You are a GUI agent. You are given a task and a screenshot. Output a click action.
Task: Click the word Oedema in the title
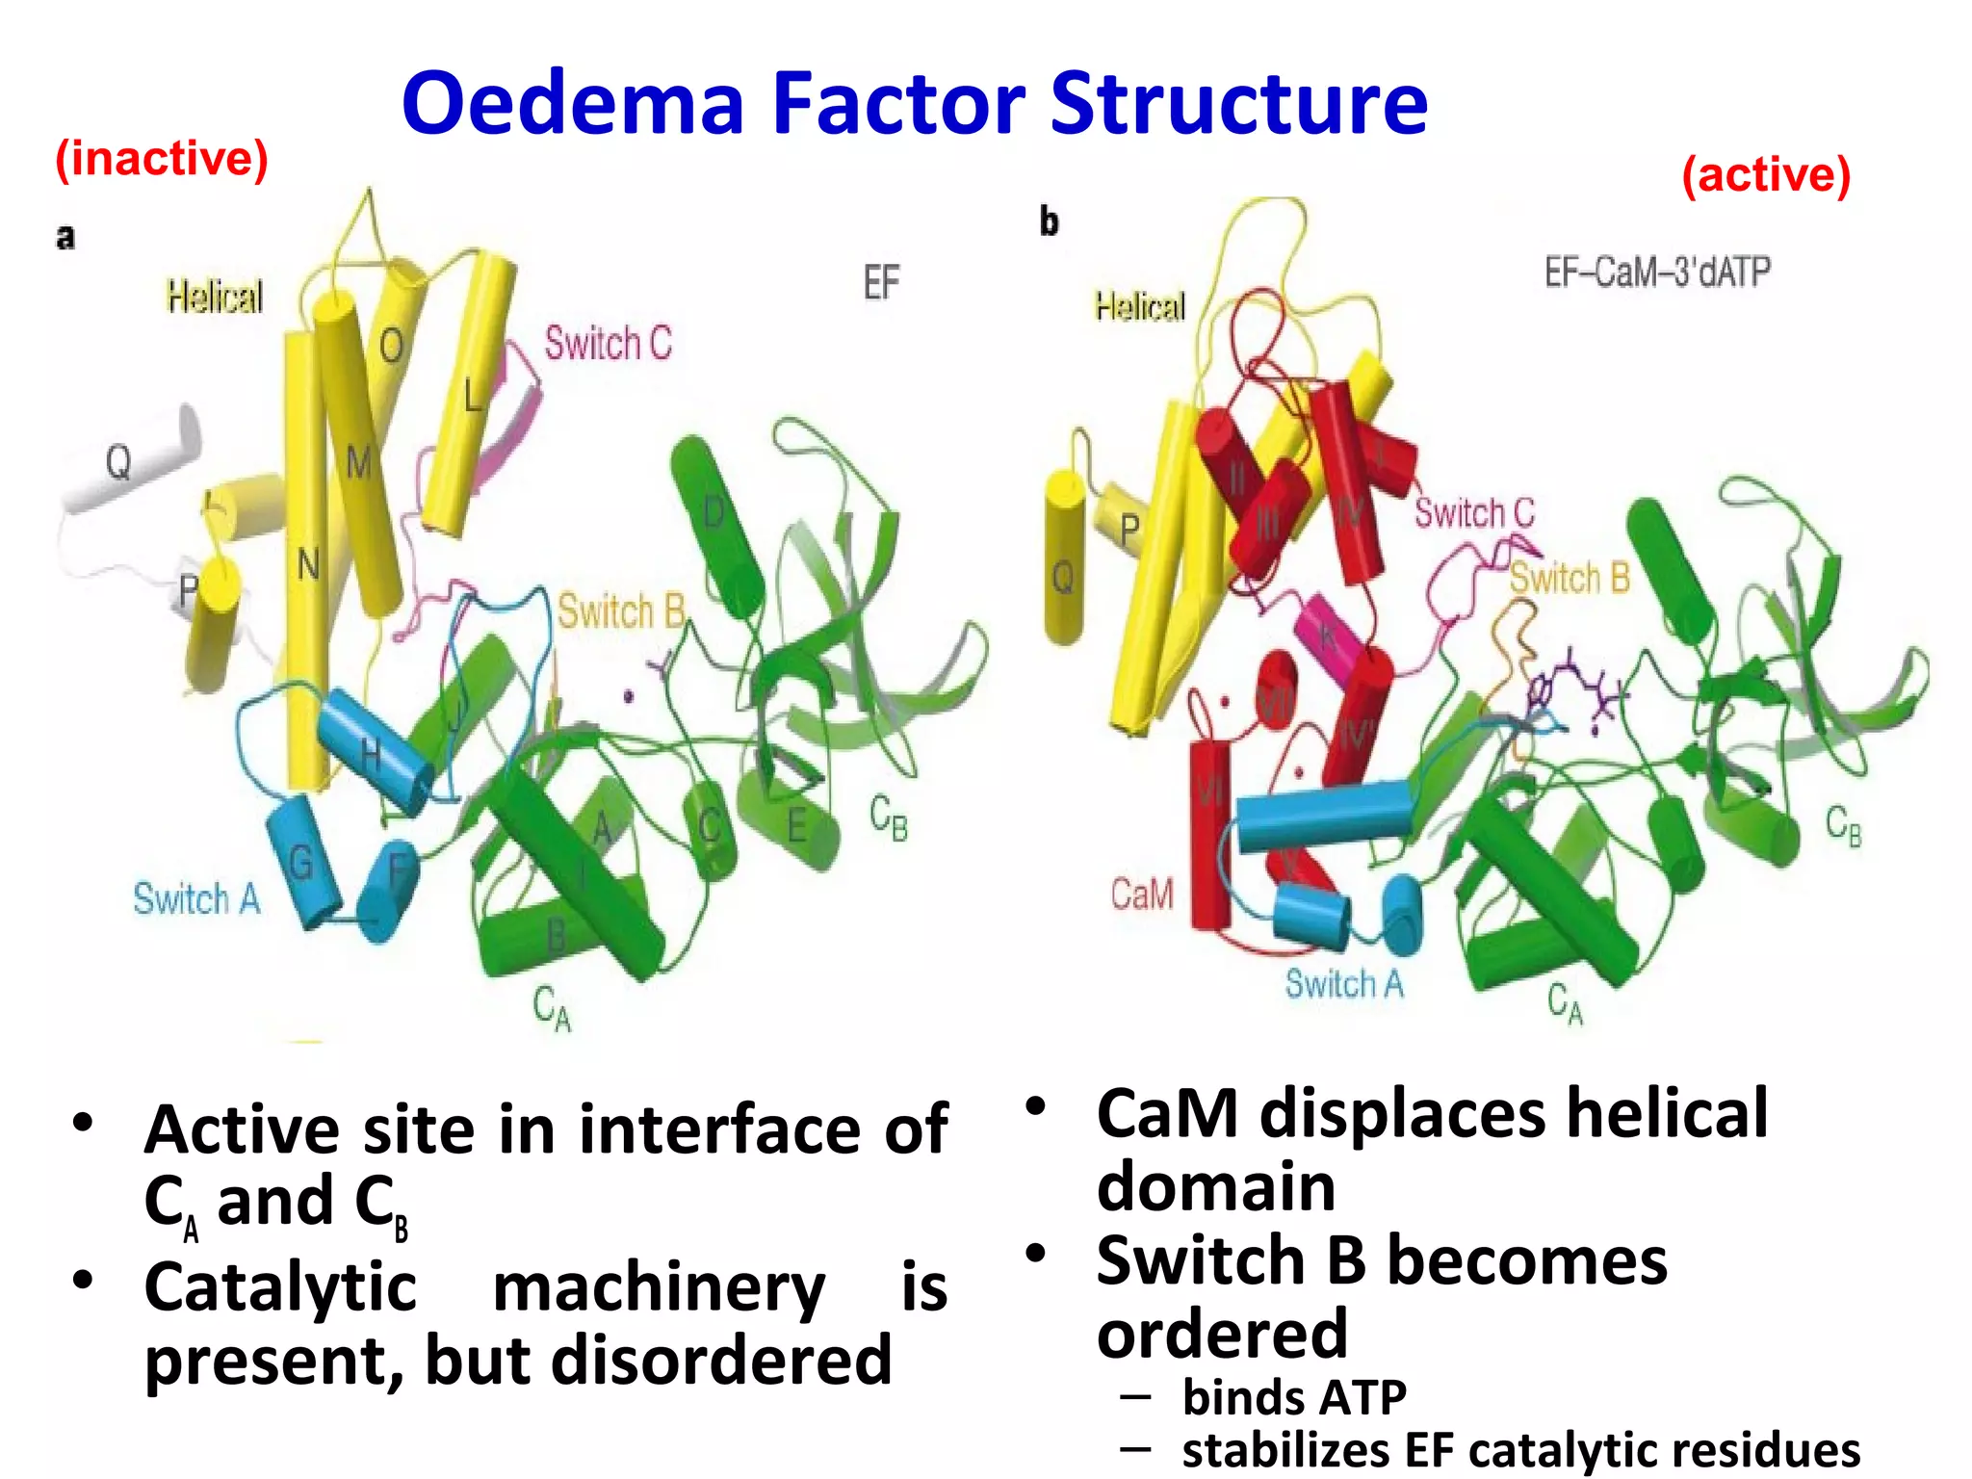(x=573, y=103)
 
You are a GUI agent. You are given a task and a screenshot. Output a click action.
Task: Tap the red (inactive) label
(x=161, y=159)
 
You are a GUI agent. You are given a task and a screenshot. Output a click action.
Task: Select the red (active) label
(x=1765, y=175)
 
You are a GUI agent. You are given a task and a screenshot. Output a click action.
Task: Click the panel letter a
(x=65, y=236)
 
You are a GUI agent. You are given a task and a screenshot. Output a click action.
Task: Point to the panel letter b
(x=1049, y=221)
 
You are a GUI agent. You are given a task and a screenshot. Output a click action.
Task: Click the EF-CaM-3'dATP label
(x=1657, y=272)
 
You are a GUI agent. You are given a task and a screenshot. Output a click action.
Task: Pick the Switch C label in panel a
(x=608, y=343)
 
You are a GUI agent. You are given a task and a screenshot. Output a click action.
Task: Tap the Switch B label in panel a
(x=621, y=611)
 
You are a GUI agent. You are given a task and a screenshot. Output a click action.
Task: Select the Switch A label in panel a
(x=196, y=899)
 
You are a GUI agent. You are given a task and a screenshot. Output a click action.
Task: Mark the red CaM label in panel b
(x=1142, y=894)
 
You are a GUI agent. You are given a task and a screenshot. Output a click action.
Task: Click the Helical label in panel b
(x=1139, y=307)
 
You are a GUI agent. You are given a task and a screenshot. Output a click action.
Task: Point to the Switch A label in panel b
(x=1344, y=984)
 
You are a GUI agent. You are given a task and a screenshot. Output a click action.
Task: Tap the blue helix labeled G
(x=303, y=861)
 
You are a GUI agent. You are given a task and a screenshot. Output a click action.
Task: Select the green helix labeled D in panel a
(x=716, y=525)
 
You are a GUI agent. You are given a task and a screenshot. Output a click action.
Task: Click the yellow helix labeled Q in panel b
(x=1064, y=558)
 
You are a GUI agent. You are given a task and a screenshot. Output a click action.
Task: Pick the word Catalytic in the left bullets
(x=280, y=1287)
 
